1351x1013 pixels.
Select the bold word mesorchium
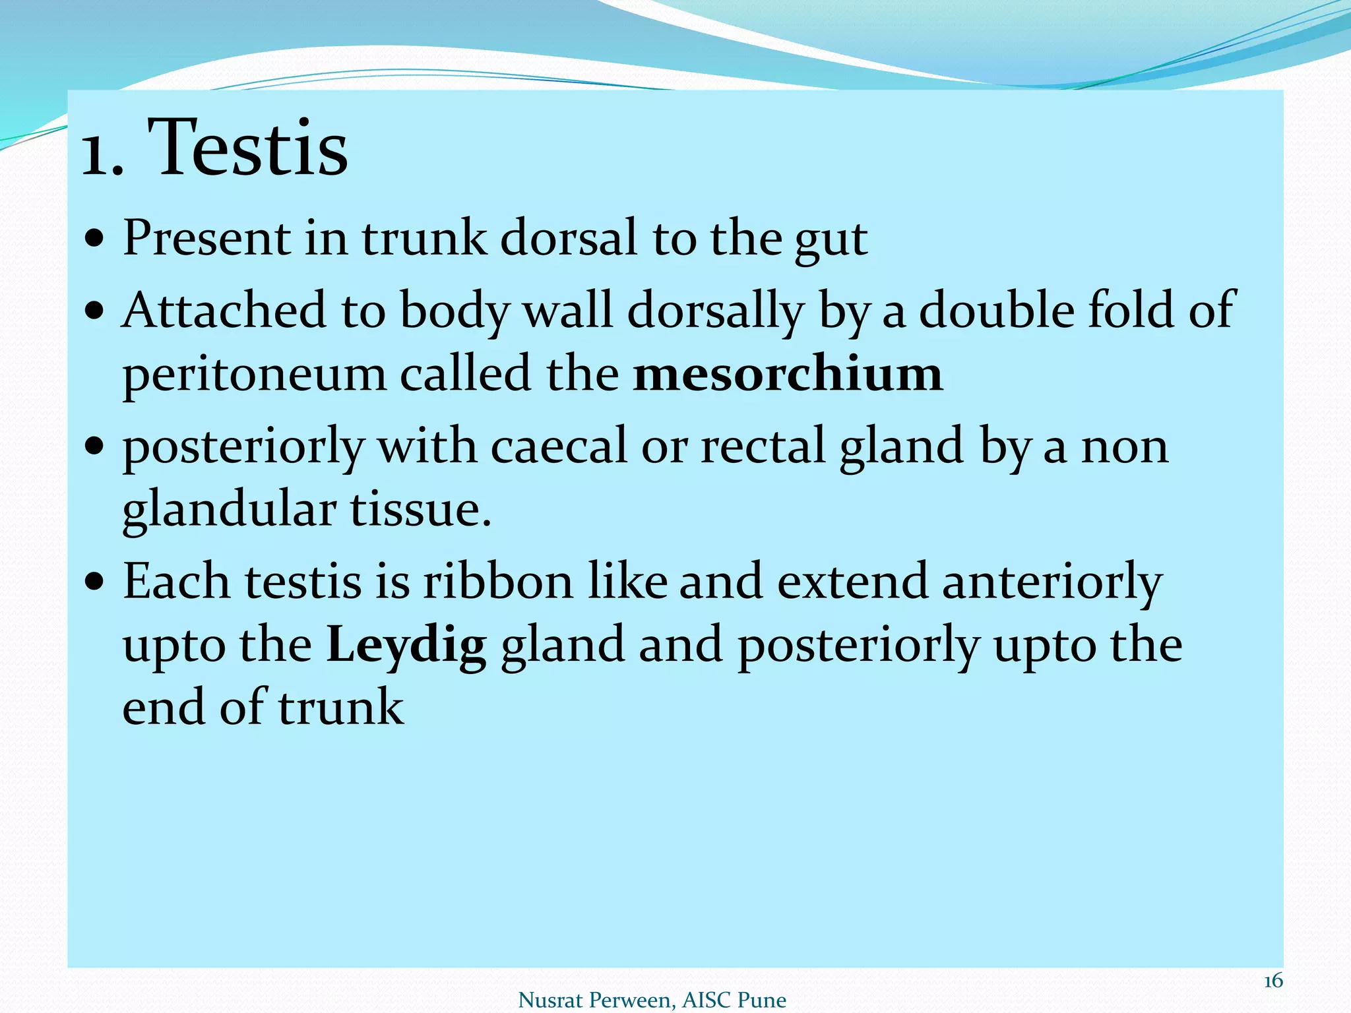tap(788, 374)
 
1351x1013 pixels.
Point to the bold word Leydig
tap(406, 645)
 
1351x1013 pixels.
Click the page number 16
tap(1272, 981)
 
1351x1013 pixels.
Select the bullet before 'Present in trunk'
tap(95, 239)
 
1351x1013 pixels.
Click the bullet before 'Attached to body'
tap(95, 311)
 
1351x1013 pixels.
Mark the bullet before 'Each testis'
tap(95, 582)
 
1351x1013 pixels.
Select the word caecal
tap(559, 446)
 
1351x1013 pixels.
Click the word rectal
tap(763, 446)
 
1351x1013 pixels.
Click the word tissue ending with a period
tap(420, 510)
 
